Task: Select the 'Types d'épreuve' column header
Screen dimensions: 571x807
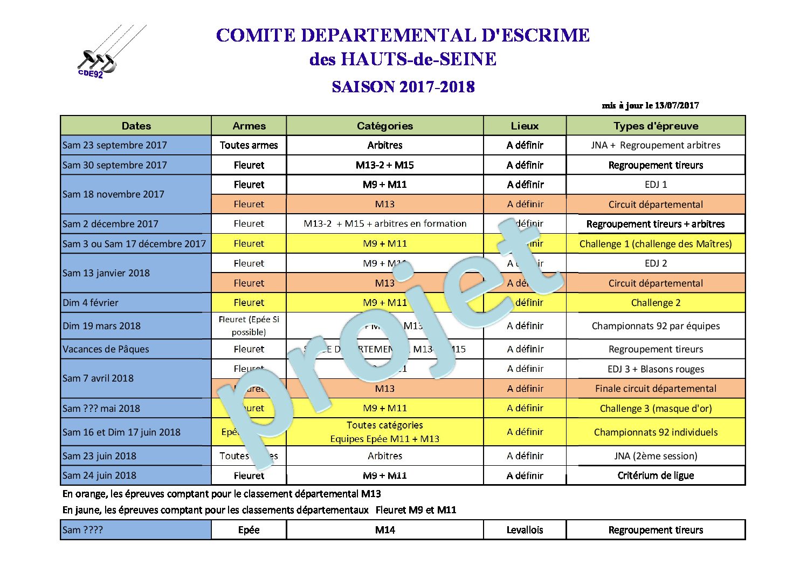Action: click(656, 126)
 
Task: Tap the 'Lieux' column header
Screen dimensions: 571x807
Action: click(525, 126)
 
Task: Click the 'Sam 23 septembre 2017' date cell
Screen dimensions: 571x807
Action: click(115, 145)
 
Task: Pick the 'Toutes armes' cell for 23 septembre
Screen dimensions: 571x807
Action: click(249, 145)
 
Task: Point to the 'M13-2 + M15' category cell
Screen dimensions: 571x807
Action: click(384, 165)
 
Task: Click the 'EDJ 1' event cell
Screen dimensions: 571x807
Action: click(656, 185)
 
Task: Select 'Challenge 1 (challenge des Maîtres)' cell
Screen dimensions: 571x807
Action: click(656, 244)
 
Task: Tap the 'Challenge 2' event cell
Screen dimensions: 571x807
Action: click(656, 303)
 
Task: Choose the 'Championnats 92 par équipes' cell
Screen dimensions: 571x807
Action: click(656, 326)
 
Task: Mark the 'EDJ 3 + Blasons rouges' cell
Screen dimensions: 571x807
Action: click(656, 369)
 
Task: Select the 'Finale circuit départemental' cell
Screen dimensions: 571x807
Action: click(656, 389)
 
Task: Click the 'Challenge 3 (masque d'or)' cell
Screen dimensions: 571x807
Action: click(656, 409)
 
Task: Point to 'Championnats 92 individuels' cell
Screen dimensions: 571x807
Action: click(656, 432)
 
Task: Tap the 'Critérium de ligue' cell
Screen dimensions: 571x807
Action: click(656, 475)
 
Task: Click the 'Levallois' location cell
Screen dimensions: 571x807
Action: click(525, 530)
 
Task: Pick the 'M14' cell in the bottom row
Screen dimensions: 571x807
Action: click(384, 530)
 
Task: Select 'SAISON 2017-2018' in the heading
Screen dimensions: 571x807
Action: click(403, 87)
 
